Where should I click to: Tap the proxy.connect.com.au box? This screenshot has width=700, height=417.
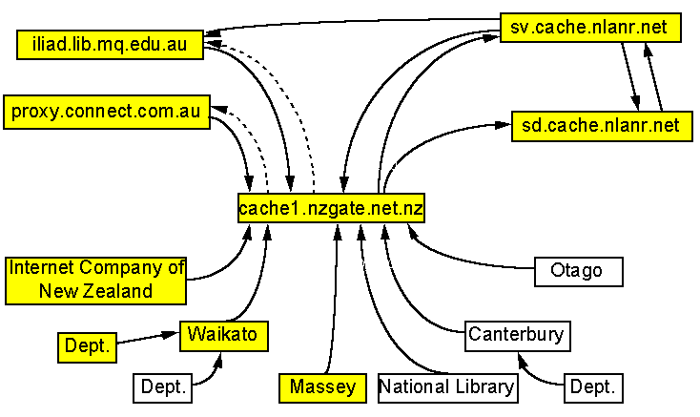(106, 111)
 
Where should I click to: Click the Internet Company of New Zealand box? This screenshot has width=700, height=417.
(95, 280)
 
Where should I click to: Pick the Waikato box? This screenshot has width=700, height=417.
(223, 335)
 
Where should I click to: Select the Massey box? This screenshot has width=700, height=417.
(322, 386)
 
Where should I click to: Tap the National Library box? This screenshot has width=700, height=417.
(447, 386)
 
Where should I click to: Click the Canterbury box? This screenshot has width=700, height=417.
(516, 335)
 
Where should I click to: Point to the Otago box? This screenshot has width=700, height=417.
(577, 271)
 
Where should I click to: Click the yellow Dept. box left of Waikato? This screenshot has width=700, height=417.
(86, 345)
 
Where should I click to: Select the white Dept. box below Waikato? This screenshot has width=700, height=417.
(162, 387)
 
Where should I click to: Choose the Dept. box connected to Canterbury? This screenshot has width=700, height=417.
(594, 387)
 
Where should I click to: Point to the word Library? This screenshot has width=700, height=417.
(482, 386)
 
